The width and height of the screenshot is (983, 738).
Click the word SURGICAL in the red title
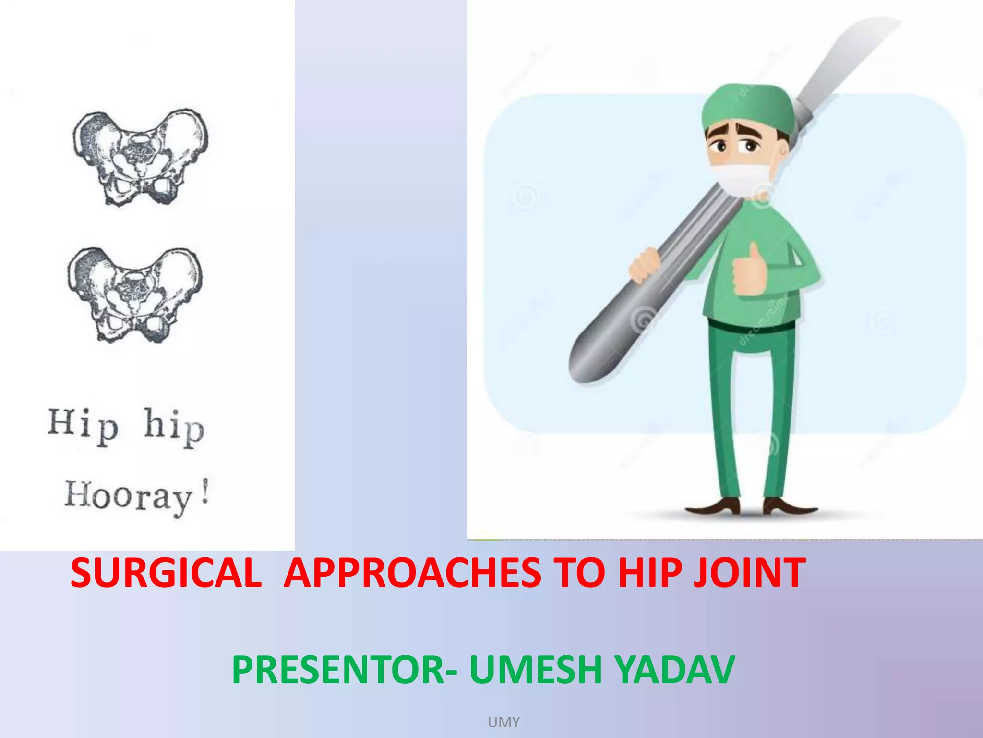coord(166,573)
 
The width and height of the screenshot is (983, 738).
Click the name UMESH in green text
coord(535,670)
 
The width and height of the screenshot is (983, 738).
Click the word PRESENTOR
coord(338,670)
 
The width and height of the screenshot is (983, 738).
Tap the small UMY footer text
coord(503,722)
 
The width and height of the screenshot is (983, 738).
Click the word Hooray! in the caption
coord(137,496)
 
